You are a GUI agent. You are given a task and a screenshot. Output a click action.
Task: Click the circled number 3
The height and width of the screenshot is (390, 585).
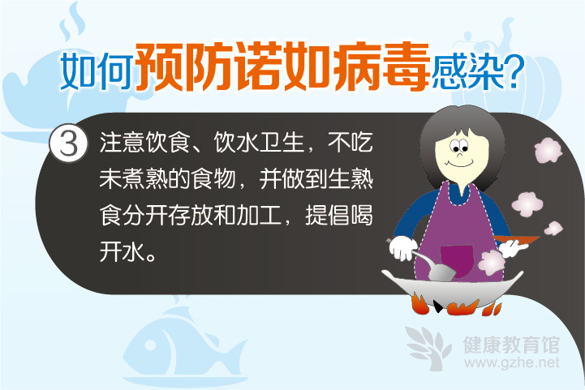pos(69,144)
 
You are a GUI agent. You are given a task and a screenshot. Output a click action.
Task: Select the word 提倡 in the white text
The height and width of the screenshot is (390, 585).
pos(328,215)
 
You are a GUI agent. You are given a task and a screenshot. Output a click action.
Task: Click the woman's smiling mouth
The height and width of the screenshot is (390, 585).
pos(459,163)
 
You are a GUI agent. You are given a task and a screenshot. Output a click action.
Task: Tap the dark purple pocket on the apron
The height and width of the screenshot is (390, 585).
pos(458,260)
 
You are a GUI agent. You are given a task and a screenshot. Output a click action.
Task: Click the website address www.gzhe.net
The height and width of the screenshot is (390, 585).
pos(512,362)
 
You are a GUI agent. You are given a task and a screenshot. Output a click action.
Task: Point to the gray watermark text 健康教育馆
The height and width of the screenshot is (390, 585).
pos(511,344)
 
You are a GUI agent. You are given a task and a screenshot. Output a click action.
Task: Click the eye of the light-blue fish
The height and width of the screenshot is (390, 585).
pos(150,345)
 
